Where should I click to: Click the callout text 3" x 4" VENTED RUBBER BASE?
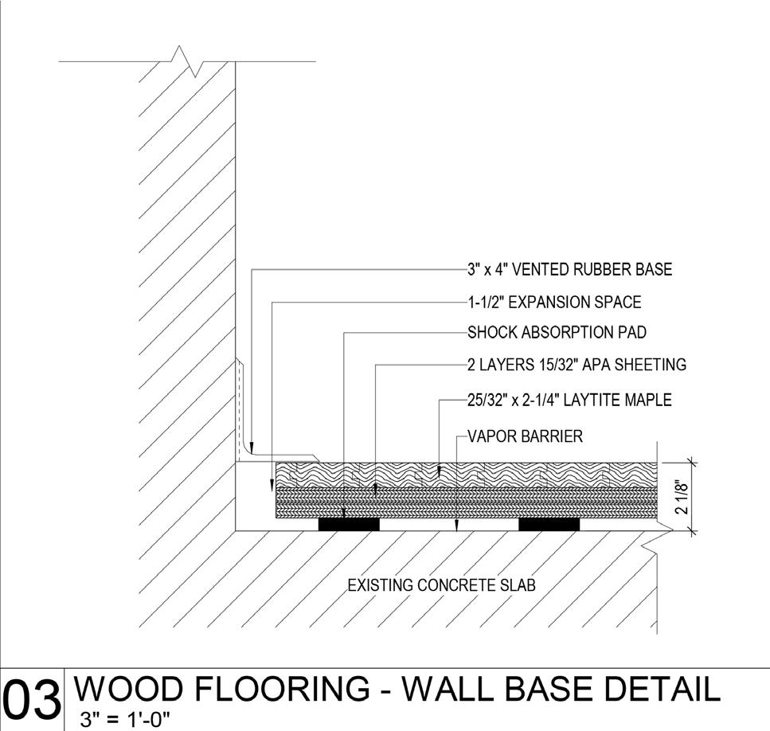point(569,269)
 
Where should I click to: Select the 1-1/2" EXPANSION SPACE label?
point(554,303)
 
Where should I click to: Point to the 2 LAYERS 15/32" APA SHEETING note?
point(577,365)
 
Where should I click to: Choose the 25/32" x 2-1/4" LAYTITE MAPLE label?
point(569,400)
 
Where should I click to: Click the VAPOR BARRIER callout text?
point(525,436)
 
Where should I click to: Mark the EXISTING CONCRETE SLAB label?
point(442,585)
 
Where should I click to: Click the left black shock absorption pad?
point(349,524)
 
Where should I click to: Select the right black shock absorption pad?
point(549,524)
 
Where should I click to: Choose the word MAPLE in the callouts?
point(643,400)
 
